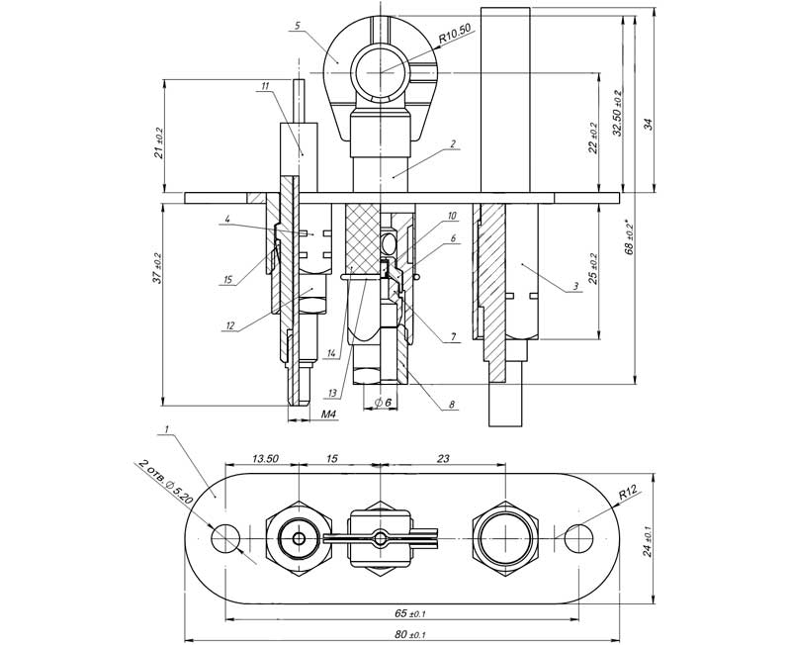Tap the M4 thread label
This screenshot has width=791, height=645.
click(x=331, y=415)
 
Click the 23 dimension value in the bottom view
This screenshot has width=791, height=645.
click(x=442, y=458)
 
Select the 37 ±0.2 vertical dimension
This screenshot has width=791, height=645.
click(x=158, y=265)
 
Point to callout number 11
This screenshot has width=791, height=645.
click(x=265, y=87)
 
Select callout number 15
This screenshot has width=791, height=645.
click(x=226, y=281)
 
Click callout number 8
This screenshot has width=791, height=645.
click(x=452, y=405)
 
